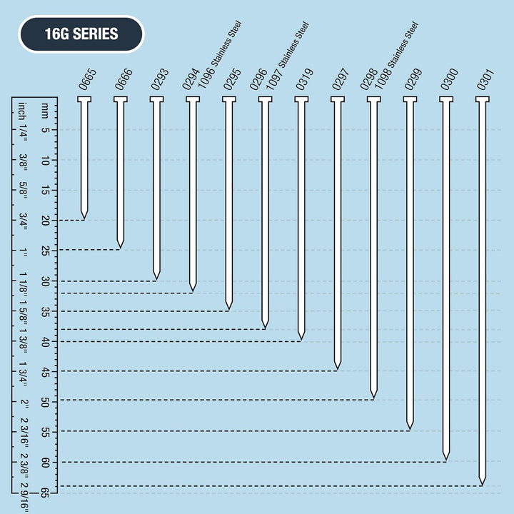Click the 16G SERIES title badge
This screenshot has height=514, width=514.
pyautogui.click(x=81, y=34)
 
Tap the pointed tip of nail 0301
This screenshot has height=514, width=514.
pyautogui.click(x=482, y=484)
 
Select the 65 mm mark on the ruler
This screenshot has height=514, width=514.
pyautogui.click(x=44, y=492)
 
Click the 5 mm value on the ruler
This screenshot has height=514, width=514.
pyautogui.click(x=44, y=130)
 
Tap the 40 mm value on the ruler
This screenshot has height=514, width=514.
pyautogui.click(x=44, y=341)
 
